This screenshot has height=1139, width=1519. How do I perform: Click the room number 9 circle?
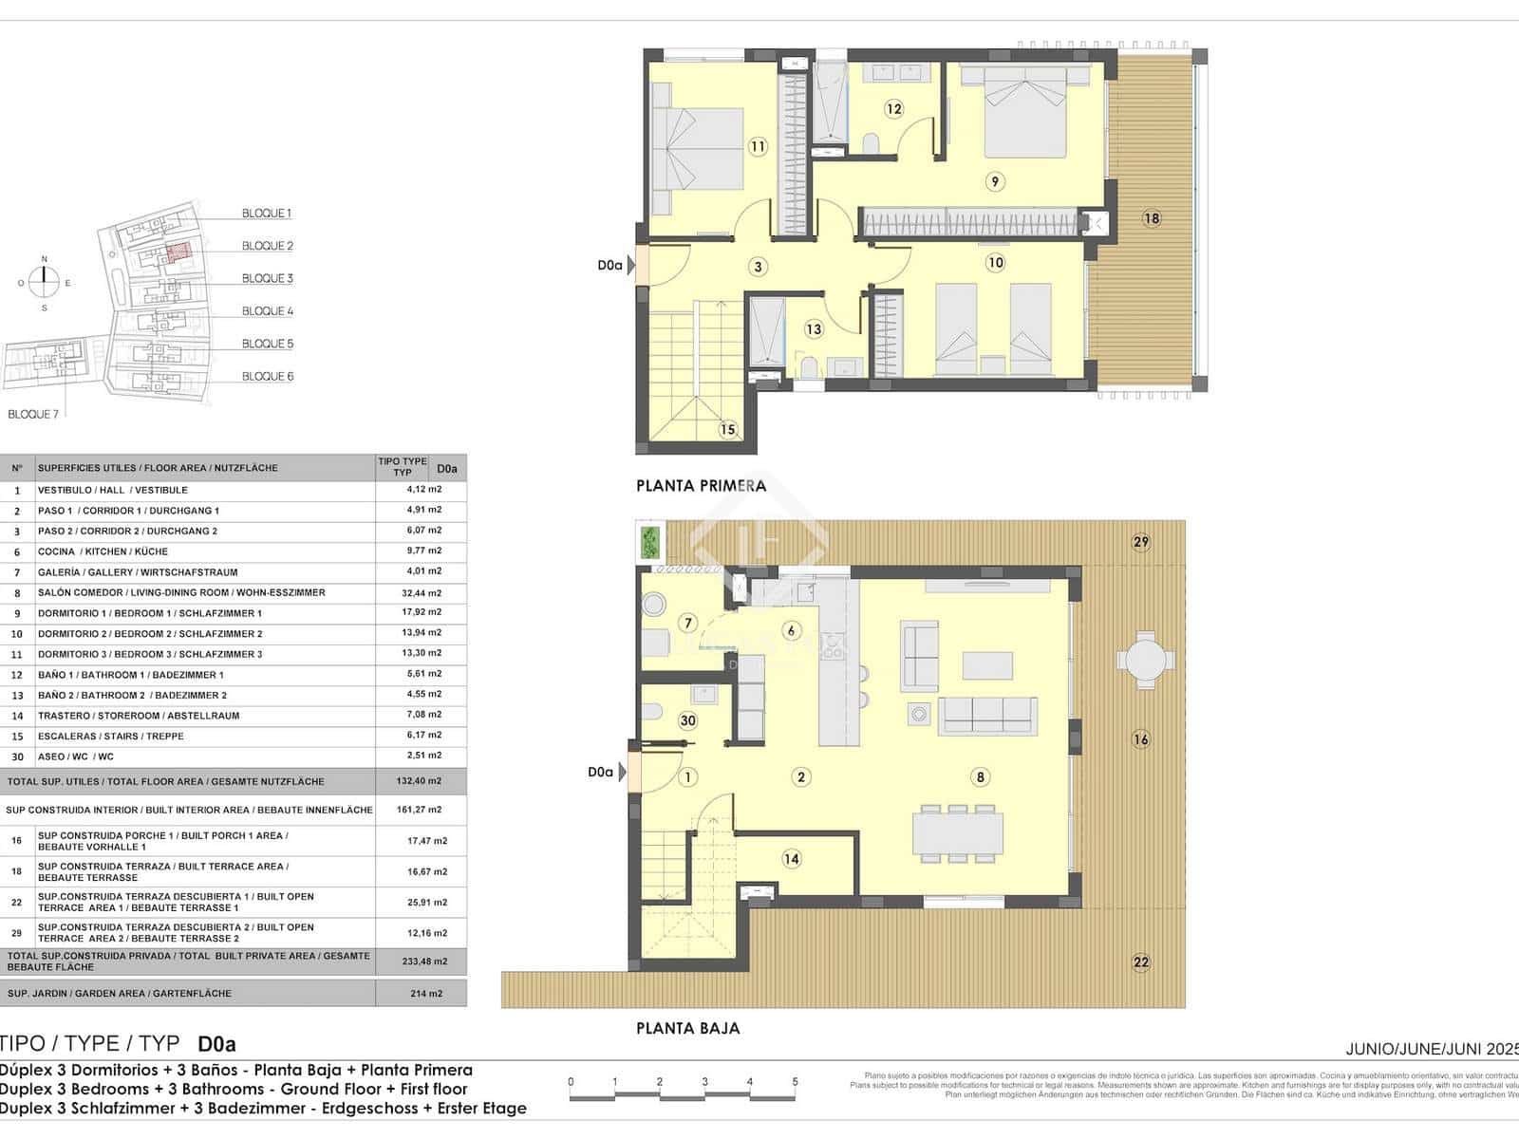tap(995, 181)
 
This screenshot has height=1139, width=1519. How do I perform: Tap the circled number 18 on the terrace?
tap(1152, 218)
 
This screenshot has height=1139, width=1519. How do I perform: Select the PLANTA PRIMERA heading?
tap(701, 486)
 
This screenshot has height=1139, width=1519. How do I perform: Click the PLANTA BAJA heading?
tap(687, 1028)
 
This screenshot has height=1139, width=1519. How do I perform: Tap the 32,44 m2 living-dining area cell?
tap(422, 592)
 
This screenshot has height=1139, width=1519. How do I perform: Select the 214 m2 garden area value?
tap(422, 994)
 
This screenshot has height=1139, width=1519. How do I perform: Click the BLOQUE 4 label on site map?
tap(268, 311)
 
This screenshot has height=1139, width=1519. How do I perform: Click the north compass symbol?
tap(45, 281)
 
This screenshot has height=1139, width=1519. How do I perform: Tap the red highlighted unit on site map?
tap(178, 252)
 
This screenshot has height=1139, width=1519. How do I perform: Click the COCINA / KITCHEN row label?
tap(103, 551)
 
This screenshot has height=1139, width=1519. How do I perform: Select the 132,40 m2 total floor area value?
tap(422, 781)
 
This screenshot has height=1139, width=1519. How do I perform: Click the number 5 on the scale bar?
tap(795, 1082)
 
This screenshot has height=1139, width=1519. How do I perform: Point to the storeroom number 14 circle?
tap(792, 859)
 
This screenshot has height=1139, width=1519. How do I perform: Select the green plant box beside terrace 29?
tap(650, 542)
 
